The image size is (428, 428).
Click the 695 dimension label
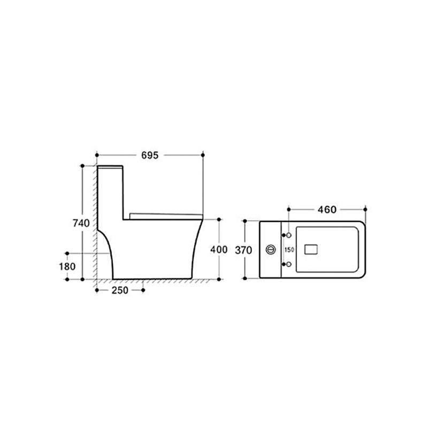[x=150, y=155]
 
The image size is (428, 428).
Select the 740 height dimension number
[x=81, y=223]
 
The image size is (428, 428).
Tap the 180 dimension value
[x=67, y=266]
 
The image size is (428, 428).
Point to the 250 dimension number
[x=120, y=290]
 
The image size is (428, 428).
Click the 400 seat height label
[x=219, y=249]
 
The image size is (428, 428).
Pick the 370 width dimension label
[x=243, y=250]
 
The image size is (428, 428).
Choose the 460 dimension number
[x=327, y=210]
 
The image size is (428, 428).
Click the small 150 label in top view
[x=289, y=250]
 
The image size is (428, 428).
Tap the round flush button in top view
[x=271, y=249]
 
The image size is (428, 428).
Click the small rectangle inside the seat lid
[x=311, y=249]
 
